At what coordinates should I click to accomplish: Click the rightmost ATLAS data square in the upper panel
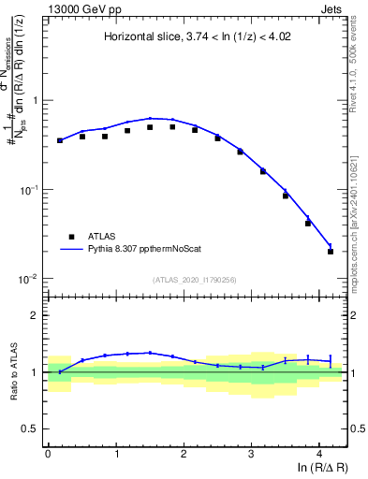tap(331, 252)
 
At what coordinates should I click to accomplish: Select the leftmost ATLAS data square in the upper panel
tap(60, 140)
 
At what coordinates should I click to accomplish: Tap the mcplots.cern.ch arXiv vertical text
tap(361, 206)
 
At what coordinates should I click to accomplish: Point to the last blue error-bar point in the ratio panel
tap(331, 360)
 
